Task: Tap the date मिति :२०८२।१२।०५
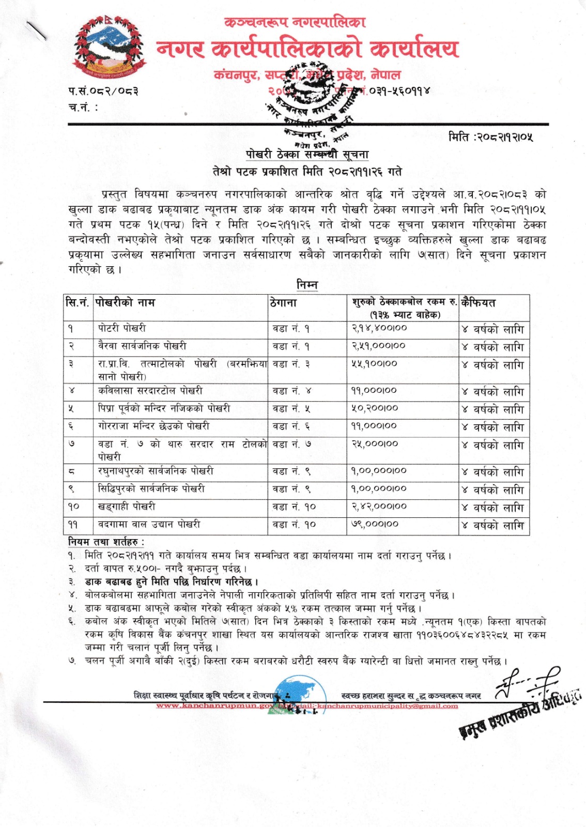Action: pyautogui.click(x=490, y=137)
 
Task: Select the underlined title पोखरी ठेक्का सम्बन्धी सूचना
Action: pyautogui.click(x=307, y=154)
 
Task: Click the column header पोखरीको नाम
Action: pyautogui.click(x=126, y=302)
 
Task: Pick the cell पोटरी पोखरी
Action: pyautogui.click(x=122, y=328)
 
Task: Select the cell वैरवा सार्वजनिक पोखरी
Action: pyautogui.click(x=142, y=346)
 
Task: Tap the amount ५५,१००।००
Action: pyautogui.click(x=375, y=364)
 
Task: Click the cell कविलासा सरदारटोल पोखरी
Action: pyautogui.click(x=150, y=391)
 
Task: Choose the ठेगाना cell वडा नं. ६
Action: pyautogui.click(x=291, y=426)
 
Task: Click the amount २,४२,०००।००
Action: pyautogui.click(x=379, y=507)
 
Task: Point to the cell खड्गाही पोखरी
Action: pyautogui.click(x=127, y=507)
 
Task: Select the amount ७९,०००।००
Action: pyautogui.click(x=375, y=524)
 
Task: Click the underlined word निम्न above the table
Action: pyautogui.click(x=307, y=285)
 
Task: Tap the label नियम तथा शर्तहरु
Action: pyautogui.click(x=106, y=542)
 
